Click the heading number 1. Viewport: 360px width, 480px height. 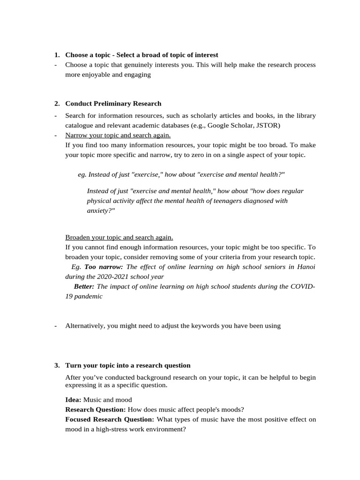(x=56, y=55)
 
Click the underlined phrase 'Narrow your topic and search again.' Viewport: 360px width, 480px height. (x=118, y=135)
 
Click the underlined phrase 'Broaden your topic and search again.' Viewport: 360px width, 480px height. (x=119, y=237)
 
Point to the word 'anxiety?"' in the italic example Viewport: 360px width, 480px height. (x=101, y=211)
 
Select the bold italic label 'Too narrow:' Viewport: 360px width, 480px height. (x=104, y=267)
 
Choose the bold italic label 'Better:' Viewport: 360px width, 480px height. (x=84, y=286)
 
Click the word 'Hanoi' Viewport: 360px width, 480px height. (x=306, y=267)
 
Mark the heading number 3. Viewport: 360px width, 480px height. (x=56, y=365)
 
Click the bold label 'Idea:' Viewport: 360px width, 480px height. (x=73, y=400)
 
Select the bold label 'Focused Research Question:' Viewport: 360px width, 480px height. (x=109, y=420)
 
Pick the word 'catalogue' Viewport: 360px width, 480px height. (x=80, y=125)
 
